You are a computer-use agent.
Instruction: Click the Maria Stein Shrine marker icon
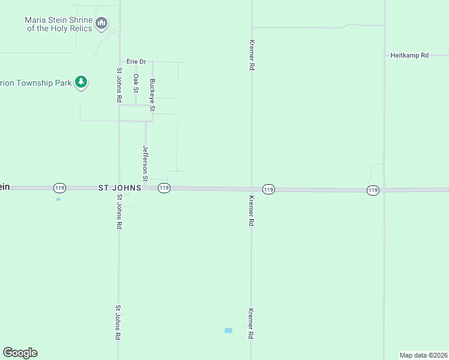[101, 24]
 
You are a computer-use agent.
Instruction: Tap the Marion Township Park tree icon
[81, 82]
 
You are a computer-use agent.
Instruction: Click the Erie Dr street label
[136, 61]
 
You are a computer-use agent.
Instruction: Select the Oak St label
[136, 83]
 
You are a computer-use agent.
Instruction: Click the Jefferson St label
[145, 163]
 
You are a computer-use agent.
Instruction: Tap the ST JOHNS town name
[119, 188]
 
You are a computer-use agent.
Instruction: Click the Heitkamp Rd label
[409, 55]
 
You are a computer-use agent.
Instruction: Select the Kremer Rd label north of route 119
[252, 56]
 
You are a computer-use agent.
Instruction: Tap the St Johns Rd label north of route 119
[119, 85]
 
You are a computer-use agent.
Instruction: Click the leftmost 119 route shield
[59, 188]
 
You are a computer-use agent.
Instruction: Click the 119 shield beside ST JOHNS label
[164, 188]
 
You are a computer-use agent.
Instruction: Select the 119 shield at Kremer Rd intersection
[268, 189]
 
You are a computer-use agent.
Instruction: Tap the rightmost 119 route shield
[373, 190]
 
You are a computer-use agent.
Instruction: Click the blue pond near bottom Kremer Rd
[228, 331]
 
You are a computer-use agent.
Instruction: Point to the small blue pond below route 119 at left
[58, 199]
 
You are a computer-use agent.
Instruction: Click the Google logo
[20, 353]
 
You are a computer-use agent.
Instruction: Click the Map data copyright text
[423, 355]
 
